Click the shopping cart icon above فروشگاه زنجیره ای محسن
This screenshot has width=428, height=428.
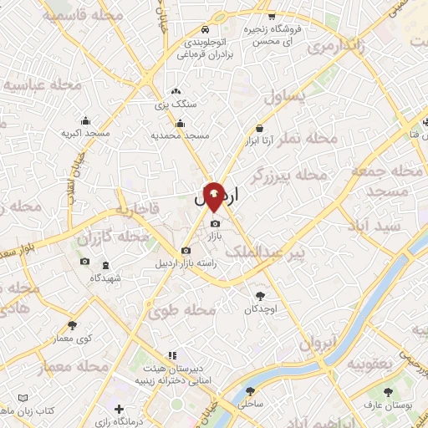pos(272,17)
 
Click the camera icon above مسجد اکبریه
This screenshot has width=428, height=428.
pos(85,120)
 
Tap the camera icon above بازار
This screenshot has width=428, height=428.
pos(216,223)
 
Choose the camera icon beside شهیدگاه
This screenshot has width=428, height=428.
pos(84,262)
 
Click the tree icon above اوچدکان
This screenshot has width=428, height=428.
pos(262,294)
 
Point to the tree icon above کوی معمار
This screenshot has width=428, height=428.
pos(73,325)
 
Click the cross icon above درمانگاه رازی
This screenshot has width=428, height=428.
pos(119,410)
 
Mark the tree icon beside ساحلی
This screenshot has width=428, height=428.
pos(250,391)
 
